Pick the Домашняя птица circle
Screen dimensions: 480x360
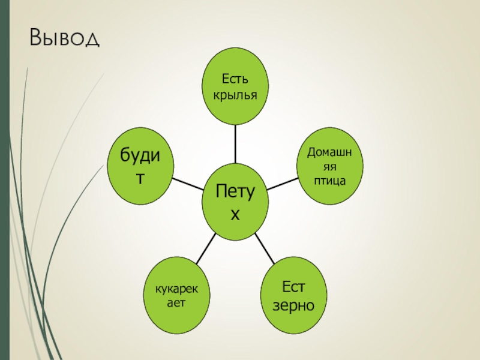coord(329,165)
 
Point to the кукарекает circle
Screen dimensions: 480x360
coord(179,296)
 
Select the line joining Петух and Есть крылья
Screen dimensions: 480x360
coord(235,144)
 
